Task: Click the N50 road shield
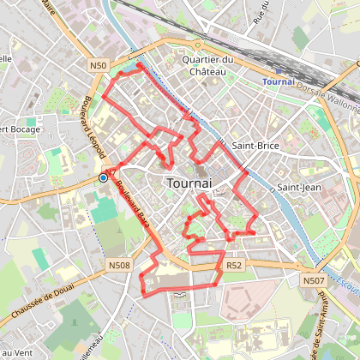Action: click(x=99, y=65)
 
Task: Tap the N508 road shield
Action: click(x=119, y=266)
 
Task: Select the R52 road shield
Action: click(x=235, y=267)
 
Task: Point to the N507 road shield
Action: click(x=314, y=280)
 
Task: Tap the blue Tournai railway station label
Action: click(x=278, y=81)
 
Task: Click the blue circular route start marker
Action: click(x=103, y=177)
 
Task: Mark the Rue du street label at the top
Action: click(x=261, y=14)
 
